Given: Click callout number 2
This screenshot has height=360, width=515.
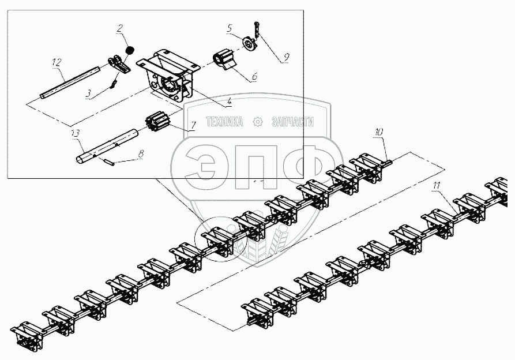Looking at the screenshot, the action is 119,27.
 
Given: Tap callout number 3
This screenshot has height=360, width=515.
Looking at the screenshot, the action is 88,92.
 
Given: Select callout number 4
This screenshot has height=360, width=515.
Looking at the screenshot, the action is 229,102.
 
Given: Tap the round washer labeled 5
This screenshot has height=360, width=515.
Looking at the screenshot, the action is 249,45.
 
